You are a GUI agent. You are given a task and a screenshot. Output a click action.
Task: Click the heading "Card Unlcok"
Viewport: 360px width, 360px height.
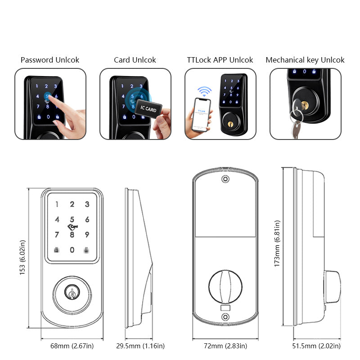pyautogui.click(x=135, y=60)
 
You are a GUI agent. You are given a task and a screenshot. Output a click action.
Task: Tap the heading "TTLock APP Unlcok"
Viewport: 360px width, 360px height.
pyautogui.click(x=220, y=60)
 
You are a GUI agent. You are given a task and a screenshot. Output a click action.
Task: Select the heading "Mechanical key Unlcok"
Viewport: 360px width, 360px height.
pyautogui.click(x=305, y=60)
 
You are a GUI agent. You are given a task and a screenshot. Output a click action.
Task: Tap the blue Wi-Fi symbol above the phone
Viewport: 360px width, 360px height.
pyautogui.click(x=206, y=92)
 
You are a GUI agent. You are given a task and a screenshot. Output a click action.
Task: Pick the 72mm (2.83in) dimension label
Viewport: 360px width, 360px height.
pyautogui.click(x=225, y=346)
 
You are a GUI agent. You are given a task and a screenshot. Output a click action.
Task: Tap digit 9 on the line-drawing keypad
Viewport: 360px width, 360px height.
pyautogui.click(x=87, y=234)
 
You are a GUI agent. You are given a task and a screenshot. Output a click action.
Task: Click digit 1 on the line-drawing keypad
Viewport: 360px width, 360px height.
pyautogui.click(x=57, y=205)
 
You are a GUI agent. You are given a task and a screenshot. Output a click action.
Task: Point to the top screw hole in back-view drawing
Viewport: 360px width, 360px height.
pyautogui.click(x=225, y=179)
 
